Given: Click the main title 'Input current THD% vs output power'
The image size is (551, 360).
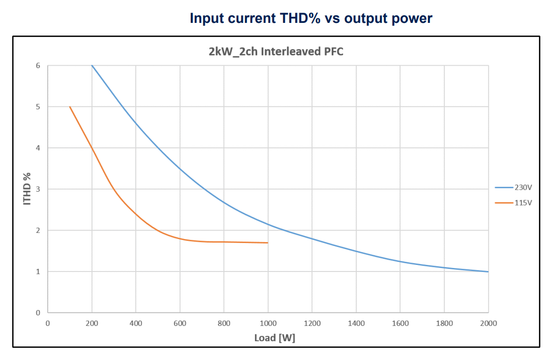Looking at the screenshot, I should (311, 19).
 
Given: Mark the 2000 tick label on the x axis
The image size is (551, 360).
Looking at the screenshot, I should (488, 323).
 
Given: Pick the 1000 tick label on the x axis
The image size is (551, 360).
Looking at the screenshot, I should (268, 323).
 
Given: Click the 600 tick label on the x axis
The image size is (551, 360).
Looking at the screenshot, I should (180, 323).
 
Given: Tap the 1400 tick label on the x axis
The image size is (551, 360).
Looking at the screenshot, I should (356, 323).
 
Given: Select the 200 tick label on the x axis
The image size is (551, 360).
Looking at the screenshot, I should (92, 323).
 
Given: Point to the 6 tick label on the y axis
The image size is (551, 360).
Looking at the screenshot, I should (38, 66).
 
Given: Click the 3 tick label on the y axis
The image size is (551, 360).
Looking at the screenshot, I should (38, 189).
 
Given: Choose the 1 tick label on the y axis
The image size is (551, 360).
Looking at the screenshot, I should (38, 272).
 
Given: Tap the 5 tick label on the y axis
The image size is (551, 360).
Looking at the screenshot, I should (38, 107).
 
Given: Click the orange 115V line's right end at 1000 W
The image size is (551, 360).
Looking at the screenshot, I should (268, 243).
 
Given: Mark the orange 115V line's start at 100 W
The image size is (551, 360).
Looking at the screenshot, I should (70, 107).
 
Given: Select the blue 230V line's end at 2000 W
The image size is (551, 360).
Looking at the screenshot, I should (488, 272).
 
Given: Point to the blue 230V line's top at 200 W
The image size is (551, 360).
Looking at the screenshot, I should (92, 66).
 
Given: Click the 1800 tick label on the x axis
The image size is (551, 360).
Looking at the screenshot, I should (444, 323).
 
